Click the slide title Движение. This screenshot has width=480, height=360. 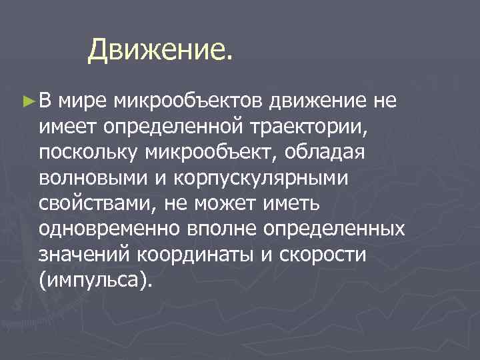click(x=161, y=48)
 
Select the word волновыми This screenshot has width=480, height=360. click(x=91, y=178)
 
